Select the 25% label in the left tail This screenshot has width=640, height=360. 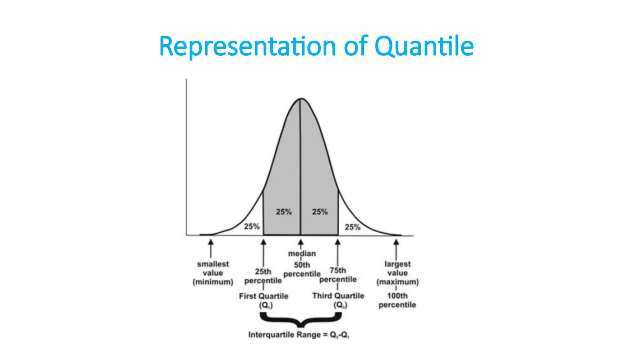click(252, 226)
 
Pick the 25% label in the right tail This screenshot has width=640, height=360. click(352, 227)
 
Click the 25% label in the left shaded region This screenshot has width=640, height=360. click(283, 212)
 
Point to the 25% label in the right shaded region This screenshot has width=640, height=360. click(320, 212)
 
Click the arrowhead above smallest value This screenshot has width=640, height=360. click(211, 242)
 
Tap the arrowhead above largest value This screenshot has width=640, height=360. click(396, 242)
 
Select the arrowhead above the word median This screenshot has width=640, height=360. click(301, 242)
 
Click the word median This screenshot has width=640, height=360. click(302, 253)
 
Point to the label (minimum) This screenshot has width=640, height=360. click(213, 282)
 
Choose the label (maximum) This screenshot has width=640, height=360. click(397, 282)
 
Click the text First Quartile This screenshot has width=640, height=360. click(263, 296)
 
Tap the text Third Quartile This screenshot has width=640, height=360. click(338, 296)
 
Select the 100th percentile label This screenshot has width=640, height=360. click(397, 300)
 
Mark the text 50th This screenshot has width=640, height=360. click(302, 265)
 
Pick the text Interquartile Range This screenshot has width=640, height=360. click(284, 335)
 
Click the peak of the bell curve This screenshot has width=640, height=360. click(301, 99)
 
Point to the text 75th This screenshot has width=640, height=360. click(338, 270)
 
